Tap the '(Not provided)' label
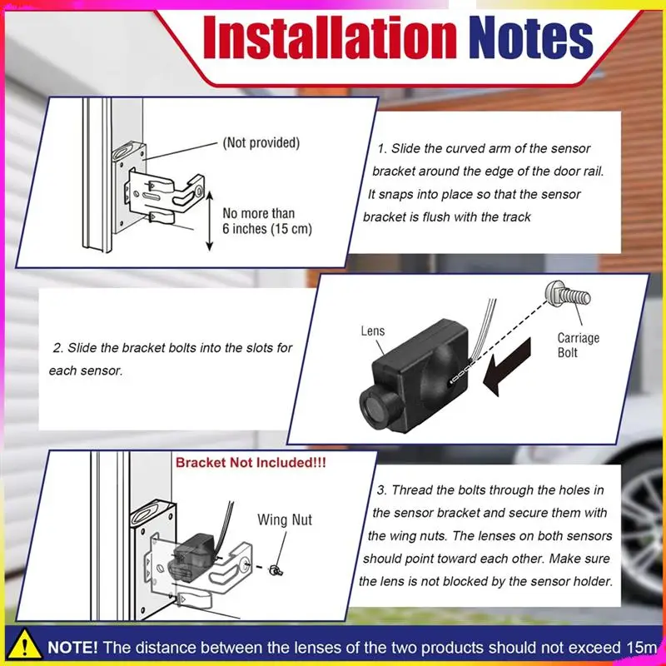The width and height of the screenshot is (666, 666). click(261, 143)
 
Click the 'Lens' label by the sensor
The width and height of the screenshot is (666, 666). click(373, 331)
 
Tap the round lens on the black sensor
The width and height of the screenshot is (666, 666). click(376, 410)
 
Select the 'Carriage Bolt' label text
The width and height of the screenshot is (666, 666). click(579, 345)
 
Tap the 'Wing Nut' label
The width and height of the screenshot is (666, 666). click(284, 520)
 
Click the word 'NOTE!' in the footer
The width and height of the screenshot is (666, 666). click(73, 647)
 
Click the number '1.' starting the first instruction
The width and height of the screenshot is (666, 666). click(382, 149)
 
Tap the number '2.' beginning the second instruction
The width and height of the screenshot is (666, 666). click(57, 348)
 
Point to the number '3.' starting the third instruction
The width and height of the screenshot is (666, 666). click(382, 490)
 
